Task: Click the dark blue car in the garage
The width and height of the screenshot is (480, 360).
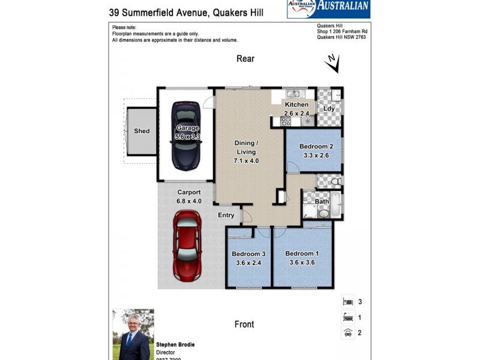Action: pyautogui.click(x=187, y=136)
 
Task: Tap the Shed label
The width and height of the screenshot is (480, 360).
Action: pyautogui.click(x=142, y=131)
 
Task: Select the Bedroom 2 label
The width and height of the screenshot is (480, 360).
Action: pyautogui.click(x=313, y=146)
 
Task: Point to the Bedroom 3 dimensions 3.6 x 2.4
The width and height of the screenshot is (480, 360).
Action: pyautogui.click(x=248, y=262)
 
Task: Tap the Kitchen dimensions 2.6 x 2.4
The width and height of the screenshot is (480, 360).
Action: pyautogui.click(x=296, y=113)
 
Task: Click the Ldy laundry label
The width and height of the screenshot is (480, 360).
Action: pyautogui.click(x=329, y=109)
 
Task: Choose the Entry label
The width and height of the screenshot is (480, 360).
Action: pyautogui.click(x=226, y=215)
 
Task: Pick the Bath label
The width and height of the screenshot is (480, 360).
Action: pyautogui.click(x=322, y=202)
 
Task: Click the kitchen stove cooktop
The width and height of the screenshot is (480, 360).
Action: pyautogui.click(x=286, y=122)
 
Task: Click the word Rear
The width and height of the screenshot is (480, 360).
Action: pyautogui.click(x=245, y=59)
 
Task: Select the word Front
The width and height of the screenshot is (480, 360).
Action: pyautogui.click(x=244, y=324)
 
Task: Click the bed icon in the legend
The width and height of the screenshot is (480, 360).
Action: pyautogui.click(x=347, y=302)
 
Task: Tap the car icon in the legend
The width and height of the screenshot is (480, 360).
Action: pyautogui.click(x=347, y=332)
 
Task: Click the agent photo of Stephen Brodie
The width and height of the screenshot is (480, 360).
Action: pyautogui.click(x=133, y=334)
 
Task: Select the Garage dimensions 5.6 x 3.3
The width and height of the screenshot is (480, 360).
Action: pyautogui.click(x=187, y=137)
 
